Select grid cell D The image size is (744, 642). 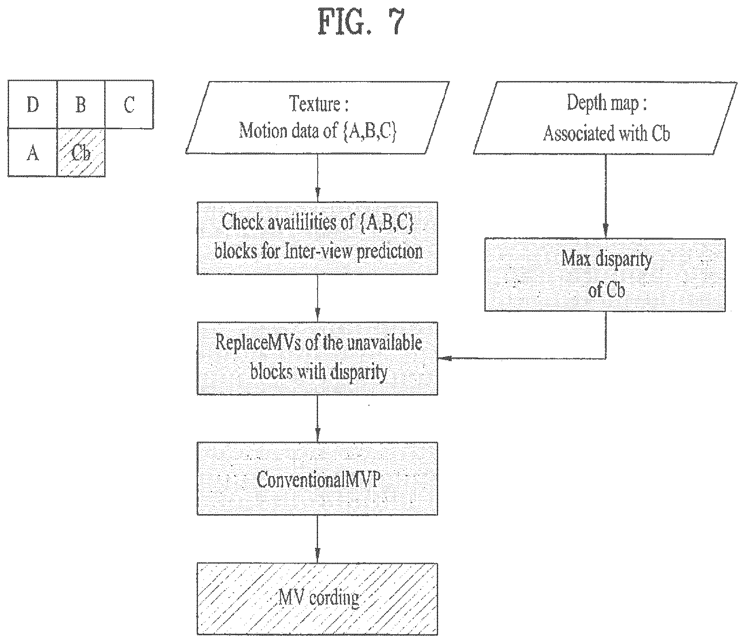coord(33,104)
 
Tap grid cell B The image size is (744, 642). coord(81,104)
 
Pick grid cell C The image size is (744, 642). coord(129,104)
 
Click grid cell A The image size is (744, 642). coord(33,152)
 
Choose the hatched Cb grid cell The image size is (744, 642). coord(81,152)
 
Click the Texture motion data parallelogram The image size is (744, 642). coord(318,117)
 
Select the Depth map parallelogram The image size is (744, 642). coord(605,117)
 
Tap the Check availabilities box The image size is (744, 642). coord(318,238)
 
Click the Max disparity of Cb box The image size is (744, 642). coord(605,275)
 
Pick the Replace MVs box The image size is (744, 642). coord(318,358)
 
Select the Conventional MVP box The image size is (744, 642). coord(318,478)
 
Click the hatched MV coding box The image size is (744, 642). coord(318,599)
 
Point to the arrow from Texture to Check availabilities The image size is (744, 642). coord(318,178)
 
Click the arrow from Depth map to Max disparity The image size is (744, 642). coord(605,196)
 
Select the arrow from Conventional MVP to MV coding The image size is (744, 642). coord(318,539)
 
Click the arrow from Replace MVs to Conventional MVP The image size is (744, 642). coord(318,419)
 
